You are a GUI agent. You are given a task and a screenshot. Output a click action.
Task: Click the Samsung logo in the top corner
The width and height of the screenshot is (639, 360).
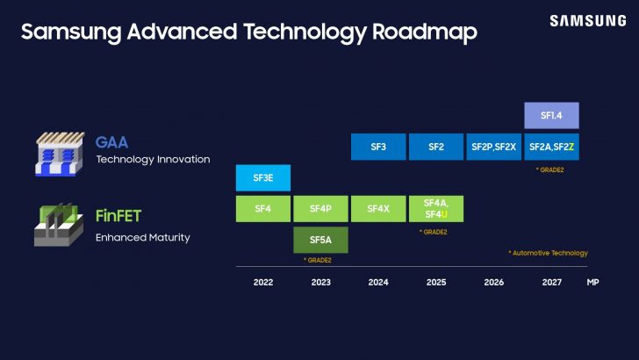point(588,21)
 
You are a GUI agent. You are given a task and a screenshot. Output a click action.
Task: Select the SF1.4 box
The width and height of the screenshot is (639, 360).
point(551,116)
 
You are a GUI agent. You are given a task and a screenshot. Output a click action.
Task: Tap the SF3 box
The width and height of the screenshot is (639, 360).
point(377,147)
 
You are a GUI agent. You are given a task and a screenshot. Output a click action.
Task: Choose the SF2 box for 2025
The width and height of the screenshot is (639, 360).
point(435,147)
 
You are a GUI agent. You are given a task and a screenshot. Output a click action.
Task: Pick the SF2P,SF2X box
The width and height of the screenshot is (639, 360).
point(493,147)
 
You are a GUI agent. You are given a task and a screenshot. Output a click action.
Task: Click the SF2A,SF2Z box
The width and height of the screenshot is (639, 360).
point(551,147)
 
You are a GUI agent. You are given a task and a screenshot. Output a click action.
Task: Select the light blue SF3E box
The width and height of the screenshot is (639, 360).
point(262,177)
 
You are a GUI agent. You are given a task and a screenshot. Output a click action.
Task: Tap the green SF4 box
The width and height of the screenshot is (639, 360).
point(262,208)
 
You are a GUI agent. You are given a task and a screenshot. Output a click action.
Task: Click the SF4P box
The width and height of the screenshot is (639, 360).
point(320,208)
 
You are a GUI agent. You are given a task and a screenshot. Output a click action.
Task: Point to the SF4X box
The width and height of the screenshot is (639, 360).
point(377,208)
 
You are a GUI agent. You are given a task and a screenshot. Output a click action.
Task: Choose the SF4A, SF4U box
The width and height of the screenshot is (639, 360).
point(435,208)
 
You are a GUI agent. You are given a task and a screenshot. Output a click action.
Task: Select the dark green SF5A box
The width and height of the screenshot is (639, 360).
point(320,239)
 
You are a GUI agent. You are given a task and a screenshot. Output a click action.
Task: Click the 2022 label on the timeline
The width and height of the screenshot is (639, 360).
point(262,283)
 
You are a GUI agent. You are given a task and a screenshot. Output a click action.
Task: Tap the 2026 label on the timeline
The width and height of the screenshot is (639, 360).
point(493,283)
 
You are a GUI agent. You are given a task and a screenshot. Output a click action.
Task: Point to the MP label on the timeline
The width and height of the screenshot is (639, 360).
point(593,283)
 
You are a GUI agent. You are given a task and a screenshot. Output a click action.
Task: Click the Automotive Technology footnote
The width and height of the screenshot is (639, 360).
point(548,253)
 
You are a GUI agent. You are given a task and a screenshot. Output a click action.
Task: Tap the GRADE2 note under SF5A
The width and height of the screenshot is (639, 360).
point(318,261)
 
